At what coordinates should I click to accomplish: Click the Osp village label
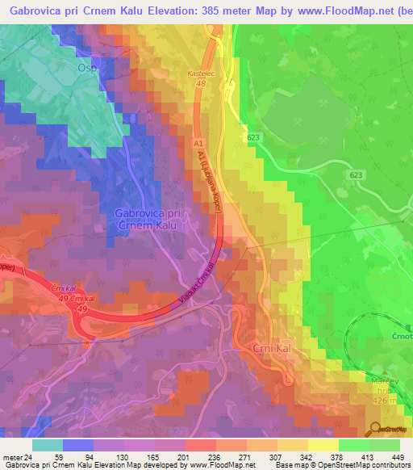87,69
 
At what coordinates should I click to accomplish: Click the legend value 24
30,456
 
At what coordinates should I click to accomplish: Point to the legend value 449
395,456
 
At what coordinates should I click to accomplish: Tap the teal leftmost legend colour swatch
48,445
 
